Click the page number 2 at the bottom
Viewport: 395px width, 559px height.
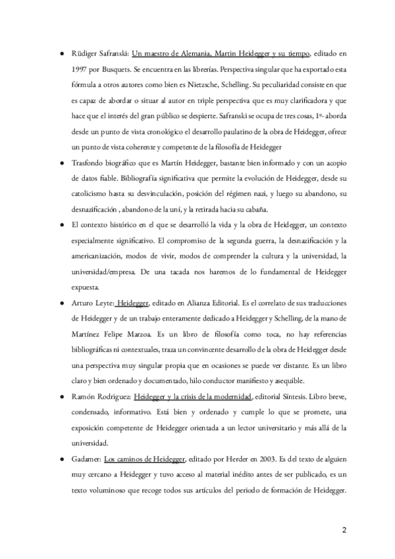pyautogui.click(x=344, y=529)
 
